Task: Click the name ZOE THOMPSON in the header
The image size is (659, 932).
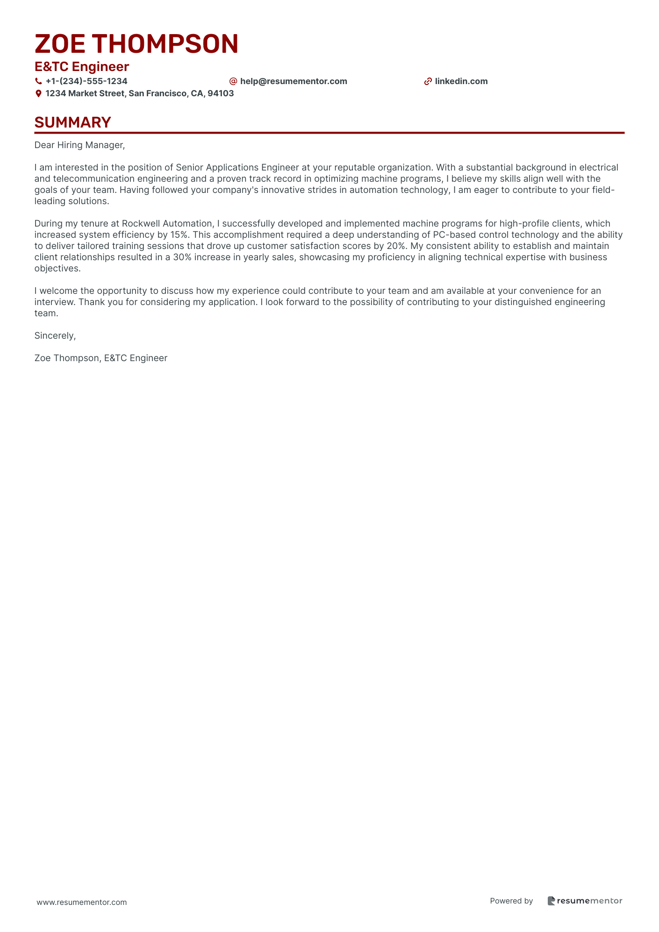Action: (136, 44)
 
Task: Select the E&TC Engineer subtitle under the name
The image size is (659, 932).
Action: (82, 67)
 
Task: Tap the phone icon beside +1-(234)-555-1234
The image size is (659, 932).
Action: (38, 81)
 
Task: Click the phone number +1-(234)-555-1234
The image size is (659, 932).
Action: (86, 81)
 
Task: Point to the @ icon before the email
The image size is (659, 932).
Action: (233, 81)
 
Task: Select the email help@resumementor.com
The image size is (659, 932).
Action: (294, 81)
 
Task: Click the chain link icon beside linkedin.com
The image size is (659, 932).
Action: (428, 81)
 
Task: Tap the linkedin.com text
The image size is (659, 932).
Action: (461, 81)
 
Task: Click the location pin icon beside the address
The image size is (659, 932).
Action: (38, 93)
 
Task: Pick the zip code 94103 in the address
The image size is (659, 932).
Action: (221, 93)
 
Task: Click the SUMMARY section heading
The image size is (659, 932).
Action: (72, 122)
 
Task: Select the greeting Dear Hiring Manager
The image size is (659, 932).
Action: (79, 145)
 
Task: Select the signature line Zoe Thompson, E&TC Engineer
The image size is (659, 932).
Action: (100, 358)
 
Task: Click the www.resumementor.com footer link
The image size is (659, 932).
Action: (82, 902)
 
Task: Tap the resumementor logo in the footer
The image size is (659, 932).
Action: (585, 901)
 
